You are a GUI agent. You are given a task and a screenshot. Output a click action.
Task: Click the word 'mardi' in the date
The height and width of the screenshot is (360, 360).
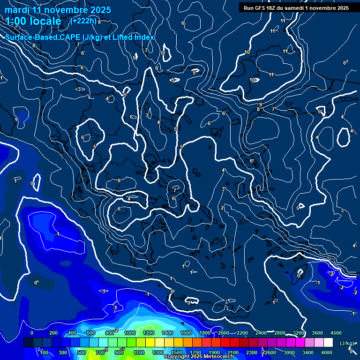click(16, 10)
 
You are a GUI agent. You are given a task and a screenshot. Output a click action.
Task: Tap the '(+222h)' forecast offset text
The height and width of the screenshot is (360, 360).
click(83, 21)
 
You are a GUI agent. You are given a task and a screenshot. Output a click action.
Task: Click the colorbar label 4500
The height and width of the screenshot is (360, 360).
click(336, 333)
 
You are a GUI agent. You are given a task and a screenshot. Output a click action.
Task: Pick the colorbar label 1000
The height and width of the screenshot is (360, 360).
click(129, 333)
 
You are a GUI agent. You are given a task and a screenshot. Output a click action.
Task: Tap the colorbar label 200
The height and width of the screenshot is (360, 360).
click(53, 333)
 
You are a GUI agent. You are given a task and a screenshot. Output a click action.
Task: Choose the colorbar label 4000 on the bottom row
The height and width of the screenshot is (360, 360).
click(327, 352)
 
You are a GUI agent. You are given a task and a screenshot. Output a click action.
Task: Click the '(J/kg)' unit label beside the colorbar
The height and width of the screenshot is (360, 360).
click(347, 343)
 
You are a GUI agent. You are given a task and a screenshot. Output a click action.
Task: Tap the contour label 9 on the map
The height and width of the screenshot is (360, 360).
click(261, 105)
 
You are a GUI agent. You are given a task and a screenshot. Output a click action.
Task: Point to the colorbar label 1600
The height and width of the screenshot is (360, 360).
click(186, 333)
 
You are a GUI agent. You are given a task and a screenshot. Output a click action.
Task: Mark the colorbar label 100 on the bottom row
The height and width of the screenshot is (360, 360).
click(44, 352)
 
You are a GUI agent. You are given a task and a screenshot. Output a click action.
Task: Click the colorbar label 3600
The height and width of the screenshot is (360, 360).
click(317, 333)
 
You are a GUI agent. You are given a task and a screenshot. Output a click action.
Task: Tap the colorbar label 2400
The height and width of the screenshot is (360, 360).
click(261, 333)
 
